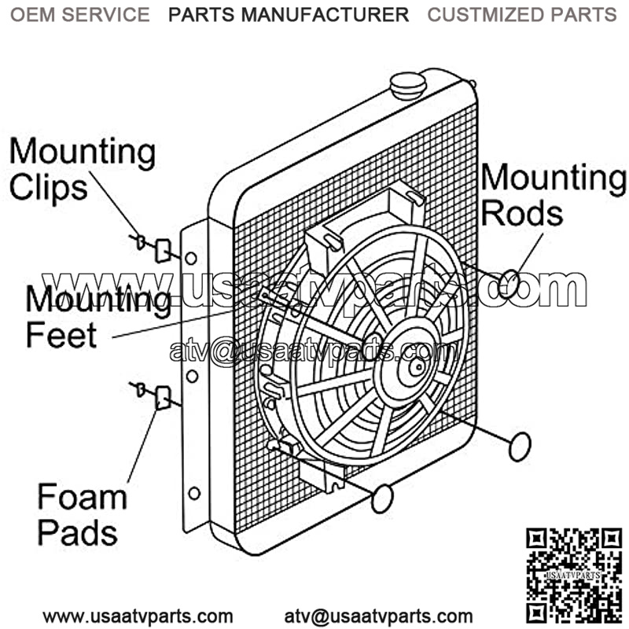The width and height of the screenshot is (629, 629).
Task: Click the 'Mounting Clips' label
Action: pyautogui.click(x=82, y=169)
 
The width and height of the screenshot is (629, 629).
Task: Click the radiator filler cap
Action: pyautogui.click(x=409, y=84)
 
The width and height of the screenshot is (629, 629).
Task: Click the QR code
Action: pyautogui.click(x=574, y=575)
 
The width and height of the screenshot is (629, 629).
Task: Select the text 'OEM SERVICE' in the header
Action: pyautogui.click(x=79, y=14)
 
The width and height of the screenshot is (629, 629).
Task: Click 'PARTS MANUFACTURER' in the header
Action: pyautogui.click(x=289, y=14)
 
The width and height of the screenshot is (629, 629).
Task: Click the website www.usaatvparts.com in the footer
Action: pyautogui.click(x=138, y=616)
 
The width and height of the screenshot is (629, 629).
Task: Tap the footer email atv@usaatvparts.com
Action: pyautogui.click(x=378, y=616)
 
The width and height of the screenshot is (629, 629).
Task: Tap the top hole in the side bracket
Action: pyautogui.click(x=191, y=258)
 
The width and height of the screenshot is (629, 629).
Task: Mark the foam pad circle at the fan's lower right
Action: pyautogui.click(x=519, y=446)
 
